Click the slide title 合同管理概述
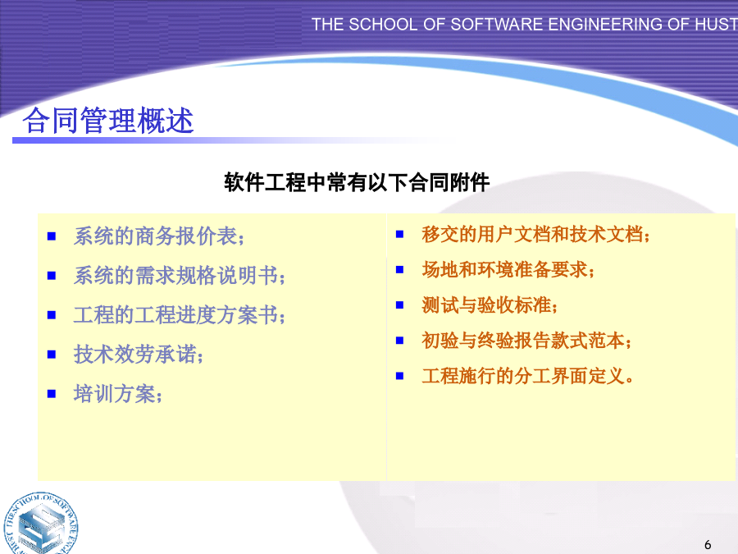108,120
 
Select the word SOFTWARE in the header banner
497,24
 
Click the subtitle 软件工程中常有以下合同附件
357,182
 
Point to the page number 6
708,545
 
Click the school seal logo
40,523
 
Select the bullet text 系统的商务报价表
159,236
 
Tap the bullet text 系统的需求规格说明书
180,275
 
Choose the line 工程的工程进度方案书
180,314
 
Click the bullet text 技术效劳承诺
139,355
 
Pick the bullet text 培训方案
117,394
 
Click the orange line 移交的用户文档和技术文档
535,234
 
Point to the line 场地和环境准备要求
508,269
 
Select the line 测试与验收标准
490,304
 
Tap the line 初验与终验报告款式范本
526,340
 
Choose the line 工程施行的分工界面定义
527,376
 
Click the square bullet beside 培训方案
52,394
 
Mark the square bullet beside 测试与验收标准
399,304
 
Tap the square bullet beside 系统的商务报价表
52,236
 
